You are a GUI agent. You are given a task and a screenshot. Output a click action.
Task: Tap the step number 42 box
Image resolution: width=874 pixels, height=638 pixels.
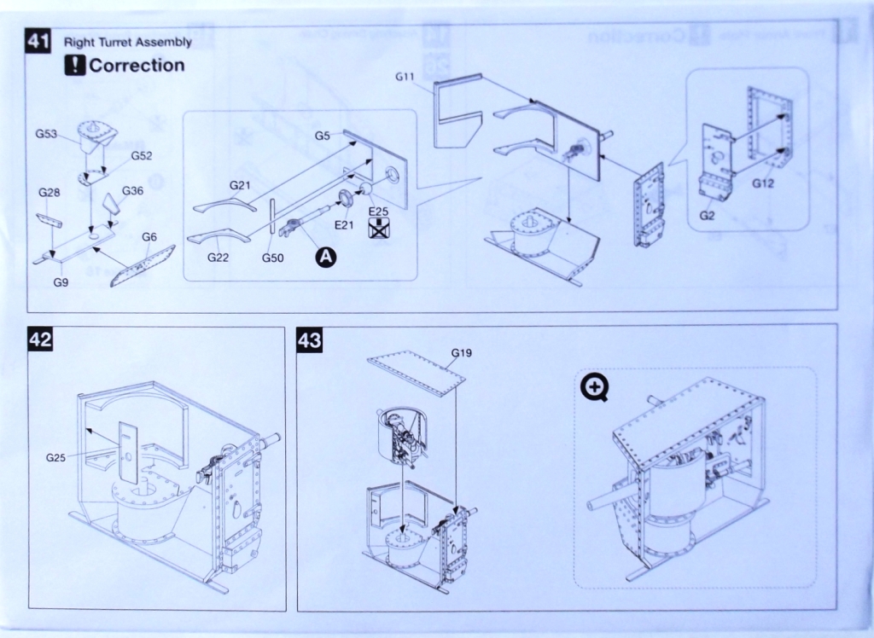(40, 339)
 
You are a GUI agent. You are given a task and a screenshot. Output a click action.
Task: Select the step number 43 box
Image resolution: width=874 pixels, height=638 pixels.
(308, 339)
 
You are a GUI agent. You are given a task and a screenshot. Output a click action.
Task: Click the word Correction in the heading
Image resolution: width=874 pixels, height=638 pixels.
(137, 66)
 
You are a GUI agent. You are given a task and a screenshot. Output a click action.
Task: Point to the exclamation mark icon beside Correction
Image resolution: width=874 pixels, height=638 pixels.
(75, 66)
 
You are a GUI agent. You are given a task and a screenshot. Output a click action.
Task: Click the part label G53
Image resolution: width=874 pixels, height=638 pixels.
(46, 133)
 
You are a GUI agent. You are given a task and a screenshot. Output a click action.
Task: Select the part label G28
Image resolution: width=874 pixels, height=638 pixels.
(49, 193)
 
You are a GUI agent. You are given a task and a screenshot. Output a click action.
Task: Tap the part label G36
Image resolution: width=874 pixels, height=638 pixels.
(132, 190)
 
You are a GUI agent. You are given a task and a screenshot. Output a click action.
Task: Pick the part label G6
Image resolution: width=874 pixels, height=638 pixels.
(149, 236)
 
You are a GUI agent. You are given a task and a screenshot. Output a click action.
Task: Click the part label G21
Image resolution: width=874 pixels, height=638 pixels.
(240, 184)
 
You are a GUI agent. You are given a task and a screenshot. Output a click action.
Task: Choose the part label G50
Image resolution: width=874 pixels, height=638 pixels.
(272, 257)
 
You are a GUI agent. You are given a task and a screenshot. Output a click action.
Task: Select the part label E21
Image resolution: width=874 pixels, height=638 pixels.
(344, 224)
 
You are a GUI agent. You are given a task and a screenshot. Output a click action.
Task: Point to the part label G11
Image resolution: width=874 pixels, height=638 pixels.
(405, 77)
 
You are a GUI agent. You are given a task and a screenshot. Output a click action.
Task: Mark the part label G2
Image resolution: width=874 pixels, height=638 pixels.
(707, 215)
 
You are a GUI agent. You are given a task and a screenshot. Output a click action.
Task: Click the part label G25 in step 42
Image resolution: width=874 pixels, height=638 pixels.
(56, 458)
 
